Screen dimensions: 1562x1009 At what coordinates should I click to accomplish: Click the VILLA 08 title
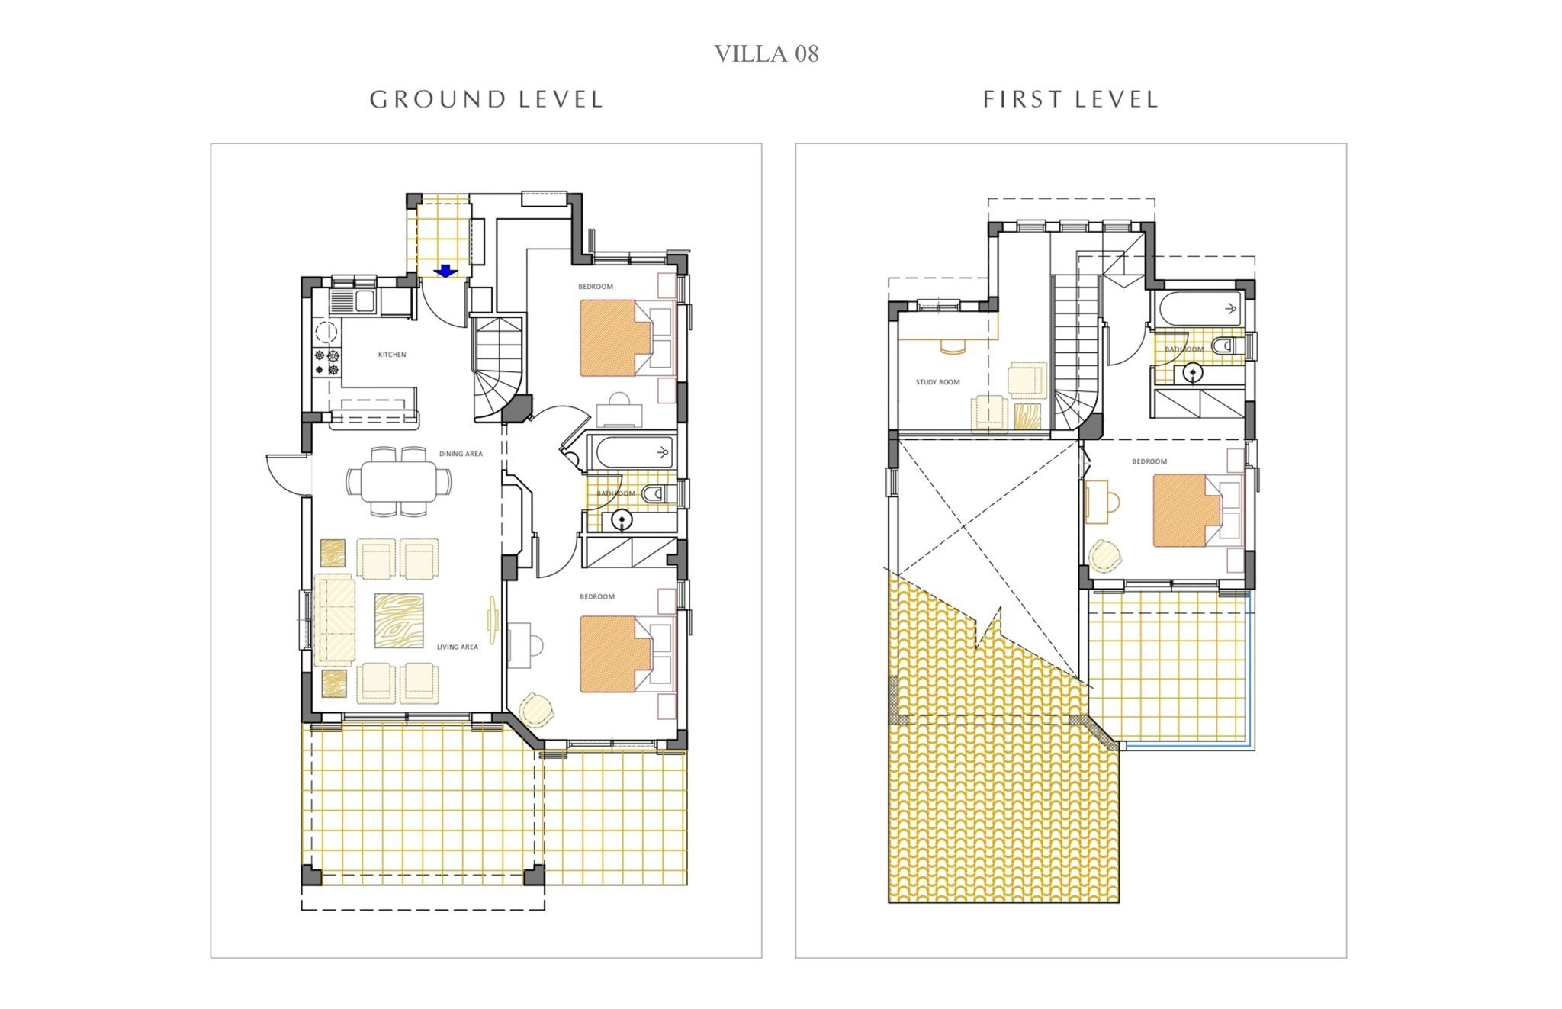pyautogui.click(x=766, y=53)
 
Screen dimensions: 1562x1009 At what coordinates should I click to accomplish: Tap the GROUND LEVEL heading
pyautogui.click(x=486, y=99)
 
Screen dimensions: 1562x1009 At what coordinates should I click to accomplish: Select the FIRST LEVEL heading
pyautogui.click(x=1070, y=99)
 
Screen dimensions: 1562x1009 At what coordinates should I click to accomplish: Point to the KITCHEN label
pyautogui.click(x=392, y=355)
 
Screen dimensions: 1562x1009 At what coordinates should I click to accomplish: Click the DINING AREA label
pyautogui.click(x=461, y=454)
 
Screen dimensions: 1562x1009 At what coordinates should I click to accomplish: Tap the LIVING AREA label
pyautogui.click(x=458, y=647)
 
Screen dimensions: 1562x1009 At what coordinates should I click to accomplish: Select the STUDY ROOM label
pyautogui.click(x=937, y=382)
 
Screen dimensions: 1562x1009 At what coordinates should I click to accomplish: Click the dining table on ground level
pyautogui.click(x=399, y=482)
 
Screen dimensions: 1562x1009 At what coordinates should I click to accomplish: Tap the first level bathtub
pyautogui.click(x=1200, y=310)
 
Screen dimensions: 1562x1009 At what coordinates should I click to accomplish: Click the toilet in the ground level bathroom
pyautogui.click(x=657, y=495)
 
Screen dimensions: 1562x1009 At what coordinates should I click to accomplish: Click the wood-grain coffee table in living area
pyautogui.click(x=399, y=621)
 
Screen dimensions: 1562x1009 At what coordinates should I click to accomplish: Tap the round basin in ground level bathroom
pyautogui.click(x=622, y=521)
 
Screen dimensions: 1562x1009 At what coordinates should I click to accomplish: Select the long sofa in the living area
pyautogui.click(x=334, y=620)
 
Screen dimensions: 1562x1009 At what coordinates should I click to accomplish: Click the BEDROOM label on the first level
pyautogui.click(x=1149, y=461)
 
